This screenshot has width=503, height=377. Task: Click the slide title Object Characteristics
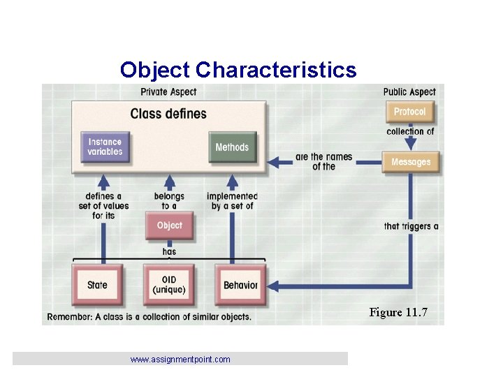(238, 70)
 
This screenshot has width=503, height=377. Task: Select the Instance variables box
(105, 147)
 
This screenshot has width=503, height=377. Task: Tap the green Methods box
(232, 147)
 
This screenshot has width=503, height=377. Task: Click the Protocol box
(409, 112)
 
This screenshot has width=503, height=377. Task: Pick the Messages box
(411, 162)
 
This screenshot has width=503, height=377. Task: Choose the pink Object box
(169, 226)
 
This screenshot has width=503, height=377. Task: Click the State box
(98, 285)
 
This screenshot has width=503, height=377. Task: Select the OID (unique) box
(169, 285)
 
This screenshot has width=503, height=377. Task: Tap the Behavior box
(240, 285)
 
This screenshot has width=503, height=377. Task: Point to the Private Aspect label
(168, 91)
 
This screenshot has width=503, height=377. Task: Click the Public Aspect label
(409, 91)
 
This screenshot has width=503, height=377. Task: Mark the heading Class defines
(168, 113)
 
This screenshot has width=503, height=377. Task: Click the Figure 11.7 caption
(398, 312)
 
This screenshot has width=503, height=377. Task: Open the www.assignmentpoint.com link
(180, 360)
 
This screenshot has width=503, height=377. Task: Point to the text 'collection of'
(411, 131)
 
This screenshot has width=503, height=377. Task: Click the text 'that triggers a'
(411, 226)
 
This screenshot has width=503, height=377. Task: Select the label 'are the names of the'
(323, 161)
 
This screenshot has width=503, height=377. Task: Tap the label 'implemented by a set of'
(232, 201)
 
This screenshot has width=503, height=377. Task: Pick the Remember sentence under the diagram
(148, 317)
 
